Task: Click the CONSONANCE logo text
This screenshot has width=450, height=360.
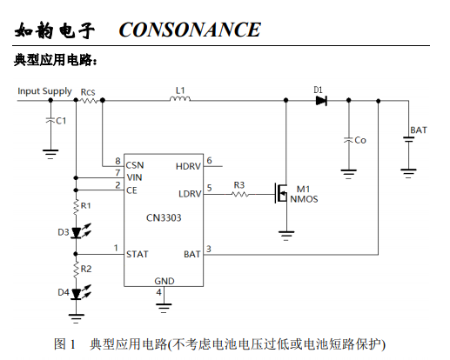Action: [x=190, y=30]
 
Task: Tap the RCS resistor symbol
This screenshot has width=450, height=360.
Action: [x=89, y=101]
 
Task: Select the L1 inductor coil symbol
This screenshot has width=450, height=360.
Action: [x=180, y=99]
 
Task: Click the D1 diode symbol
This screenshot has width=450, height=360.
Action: [x=321, y=101]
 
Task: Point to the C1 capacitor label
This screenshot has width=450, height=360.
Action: [x=61, y=121]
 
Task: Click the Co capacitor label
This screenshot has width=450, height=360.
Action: [x=360, y=140]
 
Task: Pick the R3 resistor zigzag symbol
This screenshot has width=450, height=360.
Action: [x=240, y=194]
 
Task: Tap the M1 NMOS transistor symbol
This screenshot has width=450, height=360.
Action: [x=281, y=193]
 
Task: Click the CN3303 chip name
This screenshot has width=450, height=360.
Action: [x=164, y=217]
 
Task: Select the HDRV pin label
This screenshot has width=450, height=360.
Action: [x=188, y=166]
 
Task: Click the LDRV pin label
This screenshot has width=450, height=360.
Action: [x=190, y=194]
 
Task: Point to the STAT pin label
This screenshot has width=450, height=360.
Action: [x=138, y=254]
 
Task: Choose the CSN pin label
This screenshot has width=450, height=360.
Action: [x=135, y=165]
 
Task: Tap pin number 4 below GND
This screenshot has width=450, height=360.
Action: [x=158, y=292]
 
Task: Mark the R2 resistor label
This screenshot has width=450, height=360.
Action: [x=86, y=269]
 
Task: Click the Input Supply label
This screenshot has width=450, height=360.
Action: [x=44, y=91]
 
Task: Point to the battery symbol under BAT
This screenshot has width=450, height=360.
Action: [x=408, y=139]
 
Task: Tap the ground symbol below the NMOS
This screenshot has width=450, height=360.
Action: [x=286, y=236]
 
